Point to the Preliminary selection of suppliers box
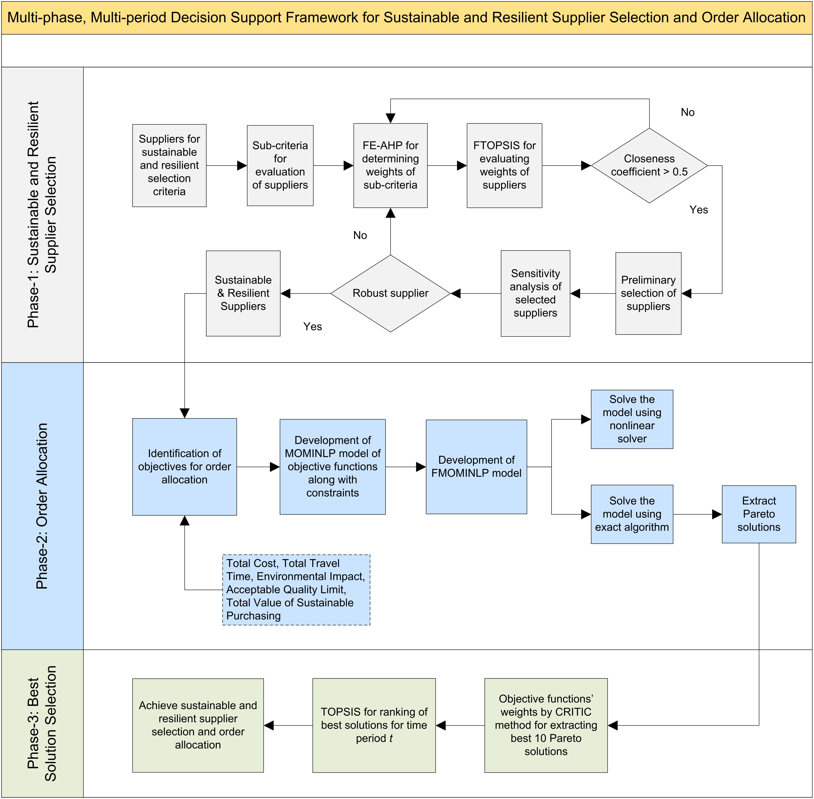tap(648, 293)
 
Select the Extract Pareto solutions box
tap(759, 514)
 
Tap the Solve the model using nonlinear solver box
tap(632, 419)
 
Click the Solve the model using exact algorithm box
tap(632, 514)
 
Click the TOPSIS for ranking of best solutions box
tap(374, 725)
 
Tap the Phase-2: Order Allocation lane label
tap(42, 506)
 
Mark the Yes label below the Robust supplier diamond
tap(313, 327)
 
